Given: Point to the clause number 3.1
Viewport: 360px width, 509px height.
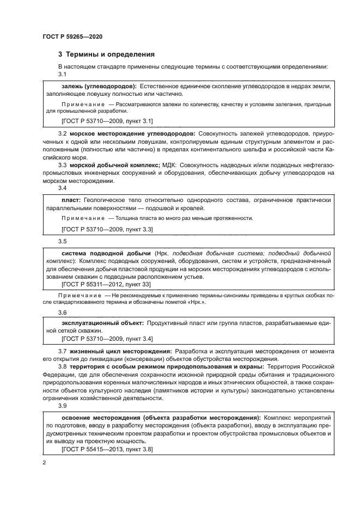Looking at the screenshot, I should pyautogui.click(x=62, y=74).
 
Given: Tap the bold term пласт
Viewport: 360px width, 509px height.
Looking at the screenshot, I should pyautogui.click(x=71, y=200).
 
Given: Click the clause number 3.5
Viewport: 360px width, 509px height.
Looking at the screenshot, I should pyautogui.click(x=62, y=241).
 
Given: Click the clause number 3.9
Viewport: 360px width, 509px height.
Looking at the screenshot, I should pyautogui.click(x=62, y=406).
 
